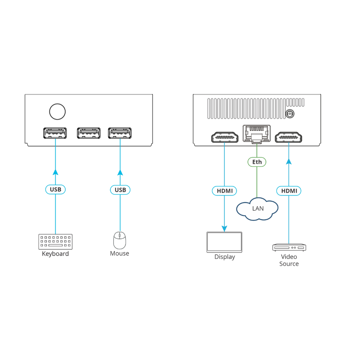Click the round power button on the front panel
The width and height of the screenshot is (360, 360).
[x=57, y=111]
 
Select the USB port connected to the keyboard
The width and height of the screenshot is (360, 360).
[x=55, y=133]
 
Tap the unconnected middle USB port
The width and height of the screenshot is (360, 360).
[x=89, y=133]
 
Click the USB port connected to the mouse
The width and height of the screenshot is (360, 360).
[x=120, y=133]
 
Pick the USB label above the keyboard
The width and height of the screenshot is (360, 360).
[x=56, y=189]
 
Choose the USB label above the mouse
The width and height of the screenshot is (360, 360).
[x=120, y=190]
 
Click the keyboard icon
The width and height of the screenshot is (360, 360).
[x=55, y=242]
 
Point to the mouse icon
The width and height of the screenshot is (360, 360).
[x=120, y=240]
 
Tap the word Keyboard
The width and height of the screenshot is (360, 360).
[x=55, y=254]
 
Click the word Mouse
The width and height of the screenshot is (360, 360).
[x=119, y=254]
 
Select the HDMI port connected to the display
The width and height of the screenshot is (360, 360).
[x=225, y=137]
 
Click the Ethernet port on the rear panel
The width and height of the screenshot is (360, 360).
[x=257, y=134]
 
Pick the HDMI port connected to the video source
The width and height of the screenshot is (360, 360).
[x=289, y=137]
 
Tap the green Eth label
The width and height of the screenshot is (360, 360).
[x=257, y=162]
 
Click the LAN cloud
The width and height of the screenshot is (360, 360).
[x=257, y=209]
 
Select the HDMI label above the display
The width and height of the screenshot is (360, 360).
[x=225, y=191]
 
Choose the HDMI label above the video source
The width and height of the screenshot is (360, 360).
[x=289, y=191]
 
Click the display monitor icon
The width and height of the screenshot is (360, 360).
[x=224, y=242]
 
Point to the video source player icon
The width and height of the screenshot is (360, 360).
[x=289, y=247]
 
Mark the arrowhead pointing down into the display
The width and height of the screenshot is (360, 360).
[x=224, y=229]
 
